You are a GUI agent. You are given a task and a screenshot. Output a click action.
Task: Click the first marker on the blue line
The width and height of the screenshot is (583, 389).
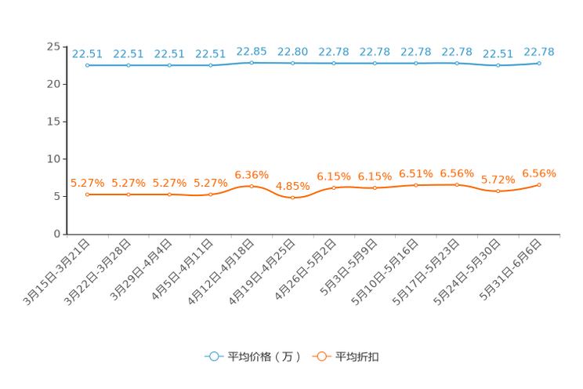[87, 66]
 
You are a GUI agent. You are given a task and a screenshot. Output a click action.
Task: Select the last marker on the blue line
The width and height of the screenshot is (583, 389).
[539, 63]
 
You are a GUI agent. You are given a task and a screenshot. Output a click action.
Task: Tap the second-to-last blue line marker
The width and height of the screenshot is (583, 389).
[498, 66]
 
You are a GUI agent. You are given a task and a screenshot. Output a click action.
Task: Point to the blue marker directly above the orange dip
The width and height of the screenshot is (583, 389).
[292, 63]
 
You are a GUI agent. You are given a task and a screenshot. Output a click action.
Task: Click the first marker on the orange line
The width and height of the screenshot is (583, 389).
[87, 194]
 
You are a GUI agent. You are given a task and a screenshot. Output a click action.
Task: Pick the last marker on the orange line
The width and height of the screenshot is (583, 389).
[539, 184]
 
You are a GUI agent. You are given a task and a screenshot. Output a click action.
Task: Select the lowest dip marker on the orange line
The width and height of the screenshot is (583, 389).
[292, 198]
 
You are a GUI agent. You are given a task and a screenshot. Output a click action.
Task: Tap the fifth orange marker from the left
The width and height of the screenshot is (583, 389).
[252, 186]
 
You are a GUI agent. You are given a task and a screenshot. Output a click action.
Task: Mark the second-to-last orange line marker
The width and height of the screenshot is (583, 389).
[498, 191]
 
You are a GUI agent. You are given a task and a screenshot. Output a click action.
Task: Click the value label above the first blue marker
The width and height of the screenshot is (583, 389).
[87, 53]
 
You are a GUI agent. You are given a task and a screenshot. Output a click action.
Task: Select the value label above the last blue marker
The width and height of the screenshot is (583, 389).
[539, 51]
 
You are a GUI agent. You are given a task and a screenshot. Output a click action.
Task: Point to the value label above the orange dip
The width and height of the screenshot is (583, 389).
[293, 186]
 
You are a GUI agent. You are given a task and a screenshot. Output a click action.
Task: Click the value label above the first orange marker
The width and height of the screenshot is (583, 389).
[87, 182]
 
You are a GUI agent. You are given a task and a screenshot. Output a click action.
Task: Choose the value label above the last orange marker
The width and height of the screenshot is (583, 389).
[539, 173]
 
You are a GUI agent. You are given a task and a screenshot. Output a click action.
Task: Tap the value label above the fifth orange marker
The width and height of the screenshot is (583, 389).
[252, 173]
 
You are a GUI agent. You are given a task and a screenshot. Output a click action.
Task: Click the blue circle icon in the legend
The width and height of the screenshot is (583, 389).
[213, 356]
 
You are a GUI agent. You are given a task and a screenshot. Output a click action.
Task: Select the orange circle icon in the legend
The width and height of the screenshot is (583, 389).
[320, 356]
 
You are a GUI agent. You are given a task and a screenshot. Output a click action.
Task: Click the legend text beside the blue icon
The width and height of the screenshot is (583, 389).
[263, 357]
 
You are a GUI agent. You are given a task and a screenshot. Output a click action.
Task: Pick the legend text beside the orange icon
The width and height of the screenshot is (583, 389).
[357, 357]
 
